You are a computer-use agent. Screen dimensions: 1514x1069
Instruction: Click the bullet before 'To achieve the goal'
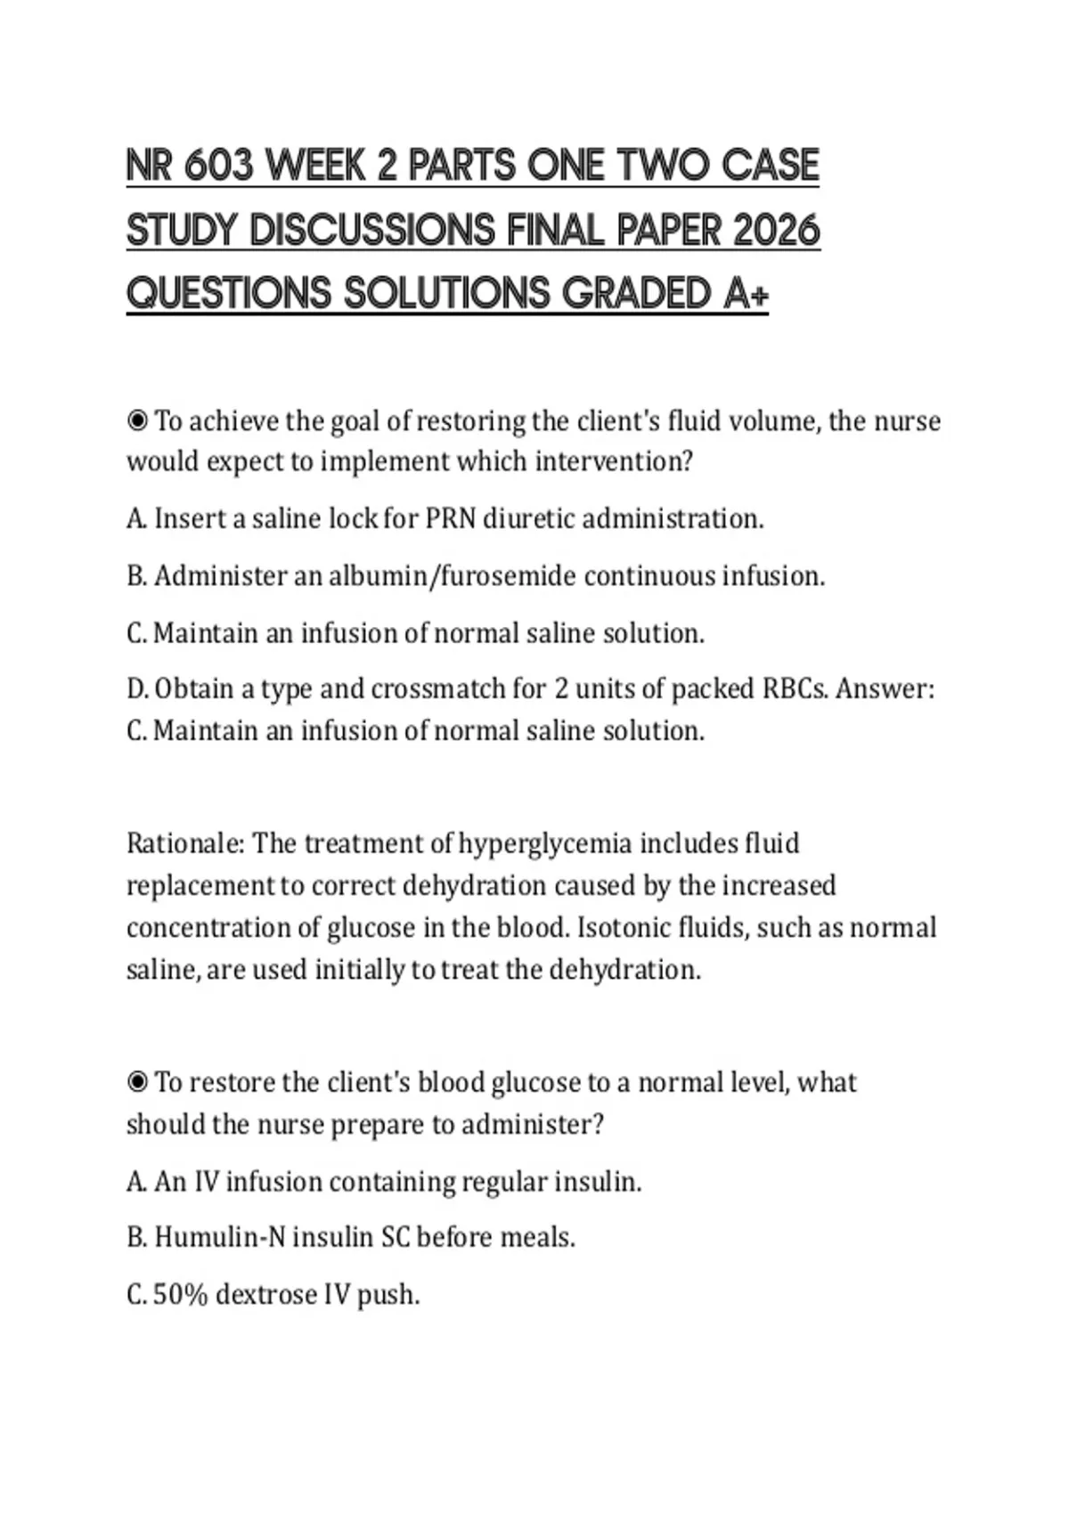(137, 420)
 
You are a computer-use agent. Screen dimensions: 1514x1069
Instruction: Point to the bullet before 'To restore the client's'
(137, 1082)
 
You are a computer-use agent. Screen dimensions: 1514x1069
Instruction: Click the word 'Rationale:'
(185, 842)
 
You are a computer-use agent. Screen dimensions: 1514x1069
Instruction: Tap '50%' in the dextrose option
(181, 1294)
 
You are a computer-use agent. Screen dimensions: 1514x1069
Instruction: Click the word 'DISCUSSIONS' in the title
(372, 230)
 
